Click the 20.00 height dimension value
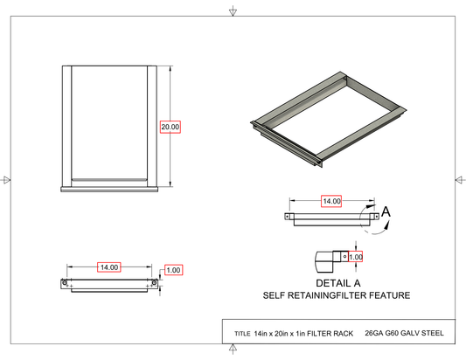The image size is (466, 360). click(x=170, y=127)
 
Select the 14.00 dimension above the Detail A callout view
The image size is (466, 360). click(x=331, y=201)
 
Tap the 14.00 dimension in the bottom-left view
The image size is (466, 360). click(x=109, y=267)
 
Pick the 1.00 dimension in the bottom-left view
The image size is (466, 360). click(x=173, y=270)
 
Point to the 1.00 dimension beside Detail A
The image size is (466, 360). click(x=356, y=257)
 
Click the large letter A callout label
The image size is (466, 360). click(x=386, y=211)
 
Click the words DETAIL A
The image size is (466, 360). click(x=337, y=283)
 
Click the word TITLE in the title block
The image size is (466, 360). click(x=242, y=334)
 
